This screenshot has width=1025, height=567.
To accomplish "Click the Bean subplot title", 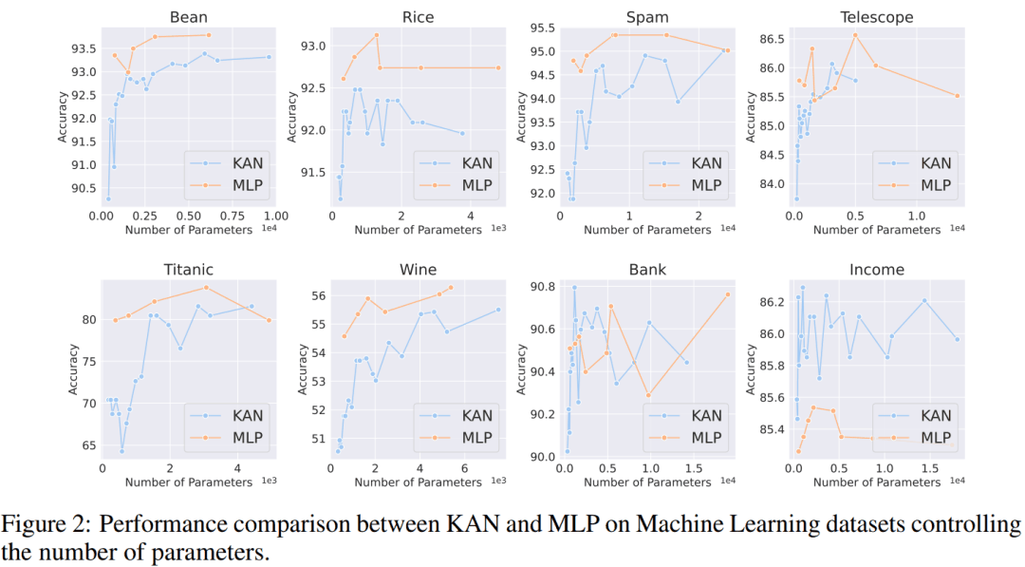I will [x=189, y=16].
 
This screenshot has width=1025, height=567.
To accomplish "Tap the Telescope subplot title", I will [x=877, y=16].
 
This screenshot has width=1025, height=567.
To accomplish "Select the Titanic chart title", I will [x=189, y=270].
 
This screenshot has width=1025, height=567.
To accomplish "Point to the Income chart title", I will [x=877, y=270].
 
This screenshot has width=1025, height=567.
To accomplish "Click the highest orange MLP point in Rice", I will [x=377, y=35].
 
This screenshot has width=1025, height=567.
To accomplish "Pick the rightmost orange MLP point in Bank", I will [x=728, y=294].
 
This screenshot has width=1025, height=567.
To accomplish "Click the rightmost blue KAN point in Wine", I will [x=498, y=310].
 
